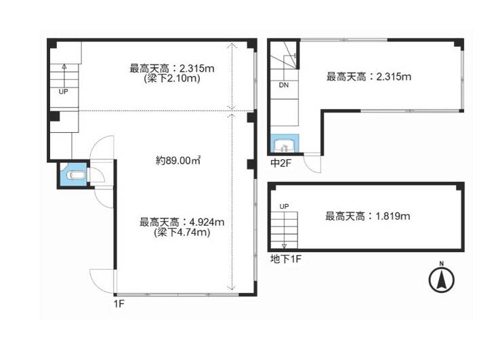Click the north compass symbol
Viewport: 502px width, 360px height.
441,279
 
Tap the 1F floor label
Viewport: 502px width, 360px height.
119,304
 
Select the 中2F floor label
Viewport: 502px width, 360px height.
280,163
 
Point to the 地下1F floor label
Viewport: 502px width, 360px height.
286,259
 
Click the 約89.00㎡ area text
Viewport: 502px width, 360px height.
178,160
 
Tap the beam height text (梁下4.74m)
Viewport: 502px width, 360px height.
182,233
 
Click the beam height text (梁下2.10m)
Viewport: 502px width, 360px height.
172,78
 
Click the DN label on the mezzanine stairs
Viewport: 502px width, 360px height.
284,85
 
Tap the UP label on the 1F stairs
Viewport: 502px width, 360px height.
64,92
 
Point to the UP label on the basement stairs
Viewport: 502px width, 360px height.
284,207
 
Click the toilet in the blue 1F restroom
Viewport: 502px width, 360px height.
76,176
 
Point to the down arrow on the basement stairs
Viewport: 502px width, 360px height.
284,246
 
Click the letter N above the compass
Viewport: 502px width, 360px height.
442,264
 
